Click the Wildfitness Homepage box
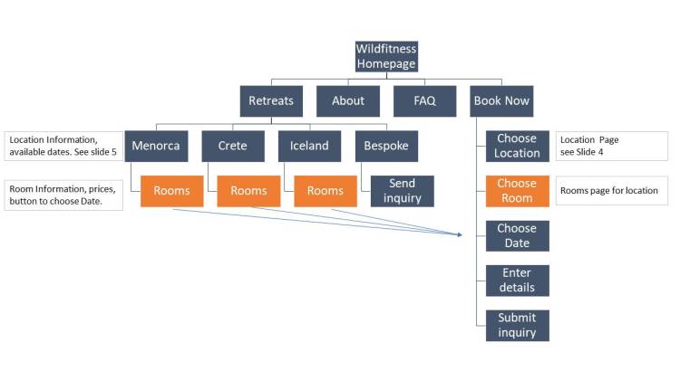point(386,56)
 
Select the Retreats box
point(271,100)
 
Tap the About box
point(348,100)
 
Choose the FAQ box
point(424,100)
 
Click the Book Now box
point(501,100)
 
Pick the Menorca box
point(156,146)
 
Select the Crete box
point(233,146)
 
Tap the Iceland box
point(309,146)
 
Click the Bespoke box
point(386,146)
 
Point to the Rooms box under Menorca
point(172,191)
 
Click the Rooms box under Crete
point(248,191)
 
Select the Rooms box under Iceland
point(325,191)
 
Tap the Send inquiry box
point(402,191)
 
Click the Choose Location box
point(517,146)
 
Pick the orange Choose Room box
point(517,191)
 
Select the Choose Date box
point(517,235)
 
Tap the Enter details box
point(517,281)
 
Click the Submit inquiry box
point(517,325)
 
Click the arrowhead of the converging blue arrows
point(461,234)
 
